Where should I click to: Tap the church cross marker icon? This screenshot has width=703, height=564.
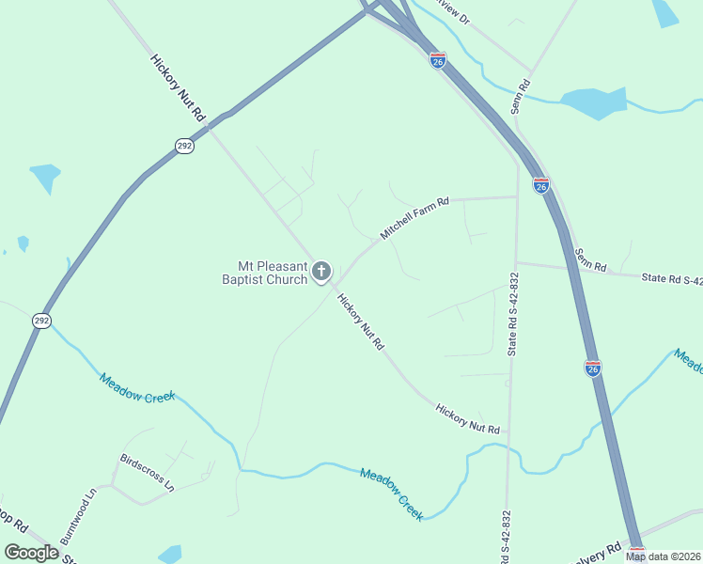[x=321, y=273]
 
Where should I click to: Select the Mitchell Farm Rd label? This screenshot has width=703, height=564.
[x=414, y=217]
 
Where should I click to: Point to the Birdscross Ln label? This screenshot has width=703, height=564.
[x=147, y=474]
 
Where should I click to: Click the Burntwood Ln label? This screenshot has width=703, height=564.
[x=79, y=516]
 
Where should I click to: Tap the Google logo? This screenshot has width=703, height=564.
[x=32, y=552]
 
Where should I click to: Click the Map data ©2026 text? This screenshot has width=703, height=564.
[x=664, y=556]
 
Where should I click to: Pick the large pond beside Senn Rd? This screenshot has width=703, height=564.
[x=594, y=102]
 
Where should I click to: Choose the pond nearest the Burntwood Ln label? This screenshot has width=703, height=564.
[x=170, y=554]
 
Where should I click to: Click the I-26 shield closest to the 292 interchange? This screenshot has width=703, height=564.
[x=438, y=60]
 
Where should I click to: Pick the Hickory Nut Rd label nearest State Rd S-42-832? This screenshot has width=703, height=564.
[x=467, y=418]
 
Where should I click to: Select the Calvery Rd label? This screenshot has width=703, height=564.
[x=601, y=548]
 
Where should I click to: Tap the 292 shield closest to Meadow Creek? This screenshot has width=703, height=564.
[x=41, y=321]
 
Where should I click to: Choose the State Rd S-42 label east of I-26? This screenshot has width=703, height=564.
[x=671, y=278]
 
